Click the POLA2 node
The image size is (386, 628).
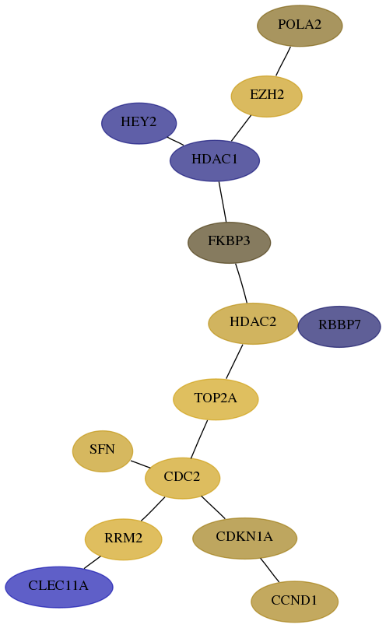[300, 26]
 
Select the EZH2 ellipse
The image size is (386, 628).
[266, 96]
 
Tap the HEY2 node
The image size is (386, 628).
[139, 123]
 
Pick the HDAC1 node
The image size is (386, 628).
[215, 160]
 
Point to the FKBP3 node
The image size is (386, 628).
[229, 242]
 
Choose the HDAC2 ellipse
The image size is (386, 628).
[253, 323]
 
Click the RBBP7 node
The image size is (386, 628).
[339, 326]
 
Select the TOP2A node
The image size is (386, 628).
[216, 399]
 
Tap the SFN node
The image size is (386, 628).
[103, 451]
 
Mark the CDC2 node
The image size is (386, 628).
[182, 478]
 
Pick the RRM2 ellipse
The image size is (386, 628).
[123, 539]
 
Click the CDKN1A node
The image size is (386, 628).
[244, 538]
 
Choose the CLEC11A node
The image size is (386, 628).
[59, 587]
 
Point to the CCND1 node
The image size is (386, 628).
[294, 602]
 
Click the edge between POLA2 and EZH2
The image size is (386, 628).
[283, 61]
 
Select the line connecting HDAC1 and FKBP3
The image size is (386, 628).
[223, 202]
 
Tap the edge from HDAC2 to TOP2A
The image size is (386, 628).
[234, 361]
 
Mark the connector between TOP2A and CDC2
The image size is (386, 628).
[199, 439]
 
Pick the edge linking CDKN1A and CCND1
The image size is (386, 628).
[269, 570]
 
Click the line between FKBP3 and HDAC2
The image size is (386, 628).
[241, 282]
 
